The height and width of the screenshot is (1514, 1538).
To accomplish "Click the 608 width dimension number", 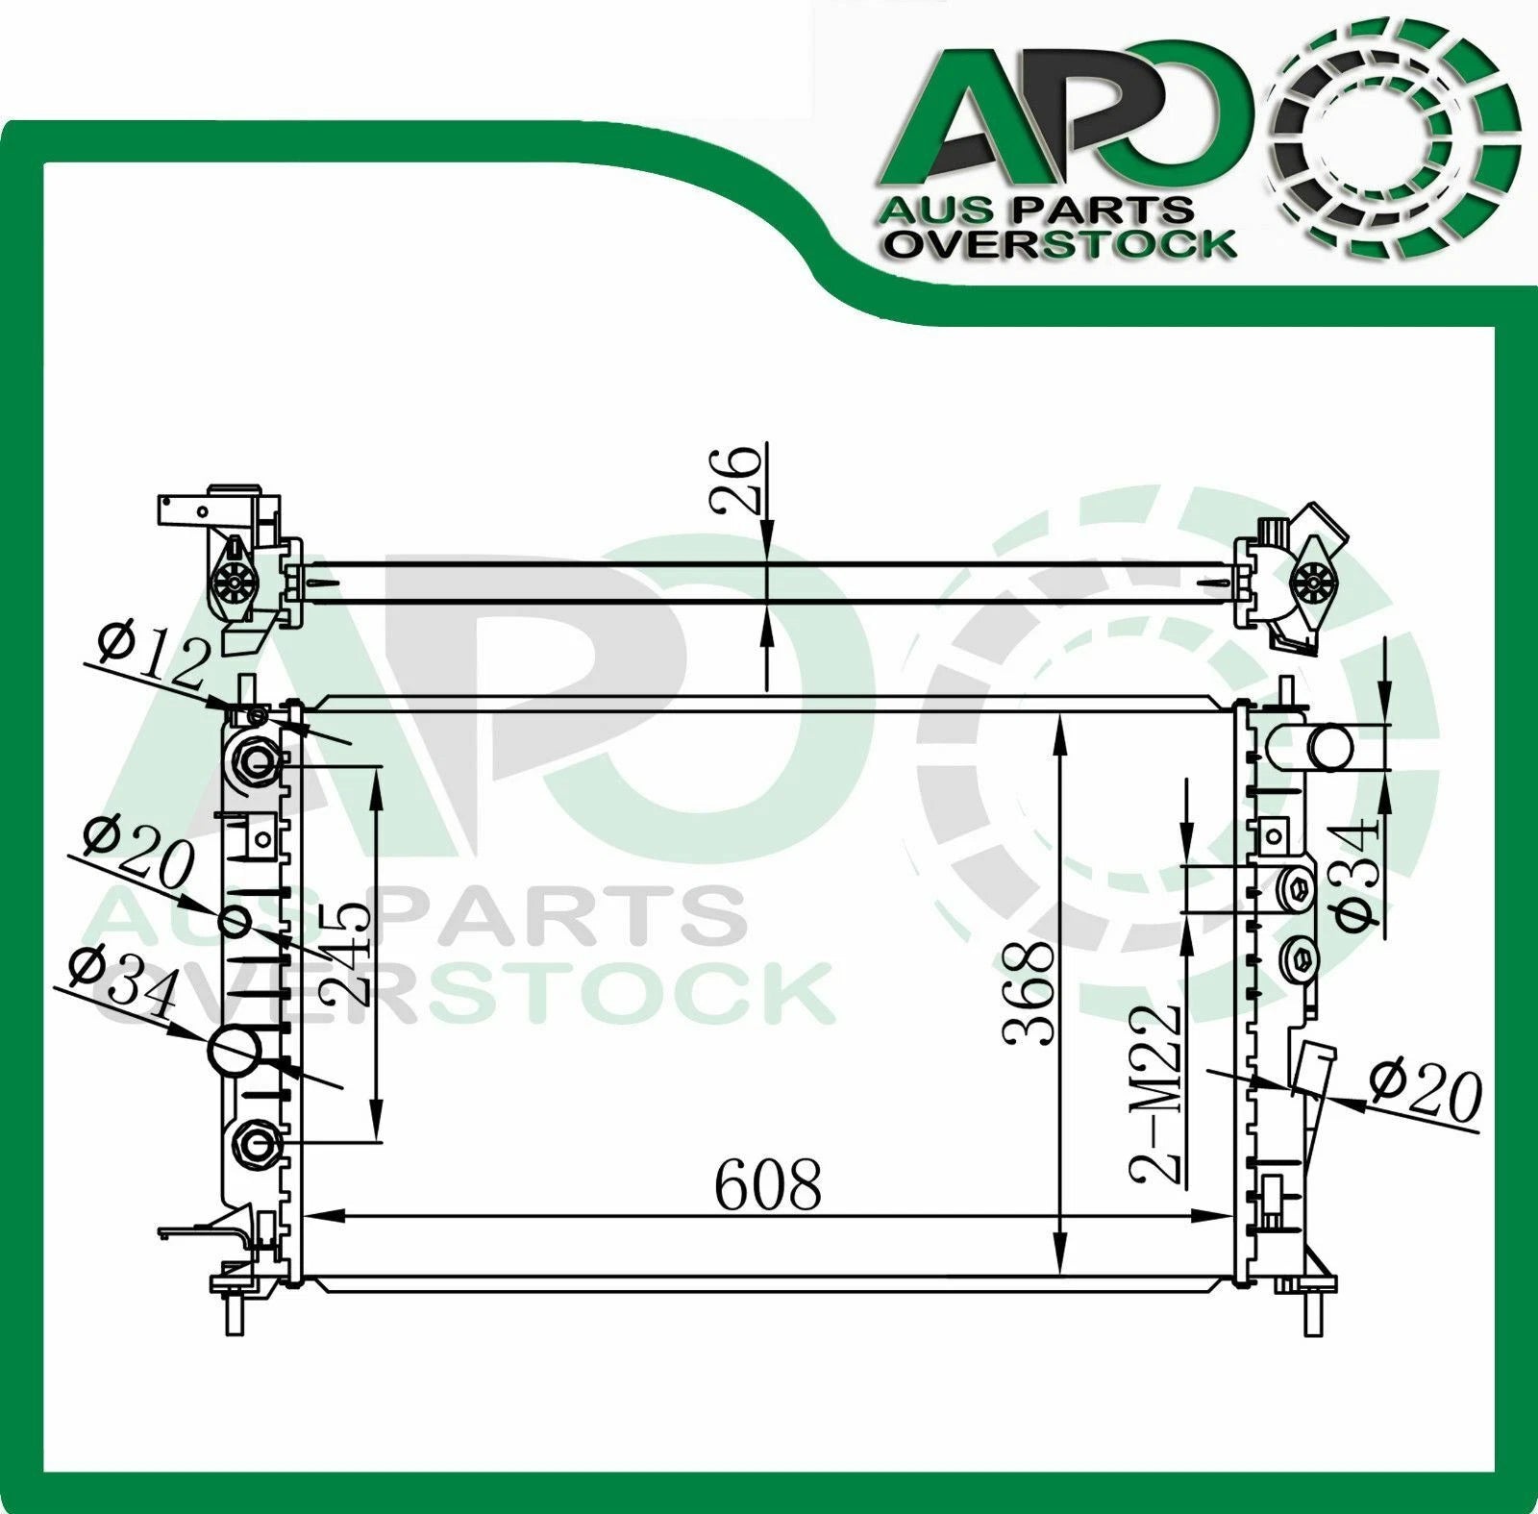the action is tap(768, 1185).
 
